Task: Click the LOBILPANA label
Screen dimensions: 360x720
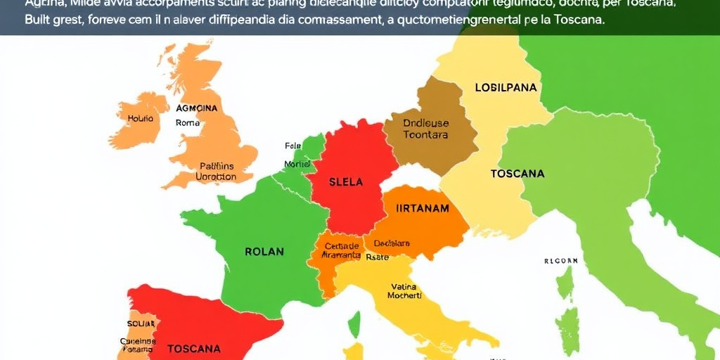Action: [x=506, y=88]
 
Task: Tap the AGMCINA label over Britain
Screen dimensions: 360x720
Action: [x=197, y=109]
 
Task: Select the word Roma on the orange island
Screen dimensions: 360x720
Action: [x=188, y=122]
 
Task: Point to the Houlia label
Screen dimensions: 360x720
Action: [x=139, y=120]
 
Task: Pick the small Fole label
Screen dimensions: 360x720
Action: [x=292, y=146]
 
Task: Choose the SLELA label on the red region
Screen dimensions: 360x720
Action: [x=346, y=182]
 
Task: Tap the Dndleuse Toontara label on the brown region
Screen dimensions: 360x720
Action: [x=425, y=129]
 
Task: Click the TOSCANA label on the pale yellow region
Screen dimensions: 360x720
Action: [x=517, y=174]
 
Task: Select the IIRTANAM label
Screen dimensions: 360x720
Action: [x=423, y=208]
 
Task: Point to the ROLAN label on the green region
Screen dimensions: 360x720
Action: [x=264, y=252]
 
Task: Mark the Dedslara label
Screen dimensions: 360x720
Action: [x=392, y=243]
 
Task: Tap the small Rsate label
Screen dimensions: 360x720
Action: [x=378, y=257]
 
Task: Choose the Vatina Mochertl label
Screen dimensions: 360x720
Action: [x=404, y=291]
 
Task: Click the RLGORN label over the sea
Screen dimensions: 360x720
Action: [x=560, y=261]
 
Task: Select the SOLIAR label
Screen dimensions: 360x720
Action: [x=136, y=323]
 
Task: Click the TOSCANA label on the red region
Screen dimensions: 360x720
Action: [x=193, y=348]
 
